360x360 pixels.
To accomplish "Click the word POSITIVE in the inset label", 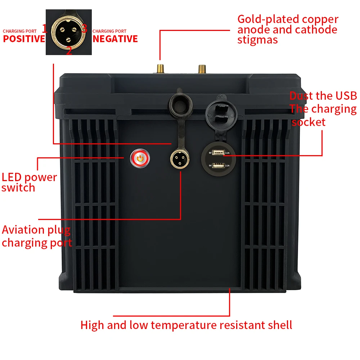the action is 24,39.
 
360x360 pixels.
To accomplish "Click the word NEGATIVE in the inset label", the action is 115,39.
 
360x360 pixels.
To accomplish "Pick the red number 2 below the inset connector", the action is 69,51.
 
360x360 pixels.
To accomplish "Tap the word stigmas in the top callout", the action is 257,40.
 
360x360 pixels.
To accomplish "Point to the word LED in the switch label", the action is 12,177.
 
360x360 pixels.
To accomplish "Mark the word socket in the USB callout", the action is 309,122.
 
